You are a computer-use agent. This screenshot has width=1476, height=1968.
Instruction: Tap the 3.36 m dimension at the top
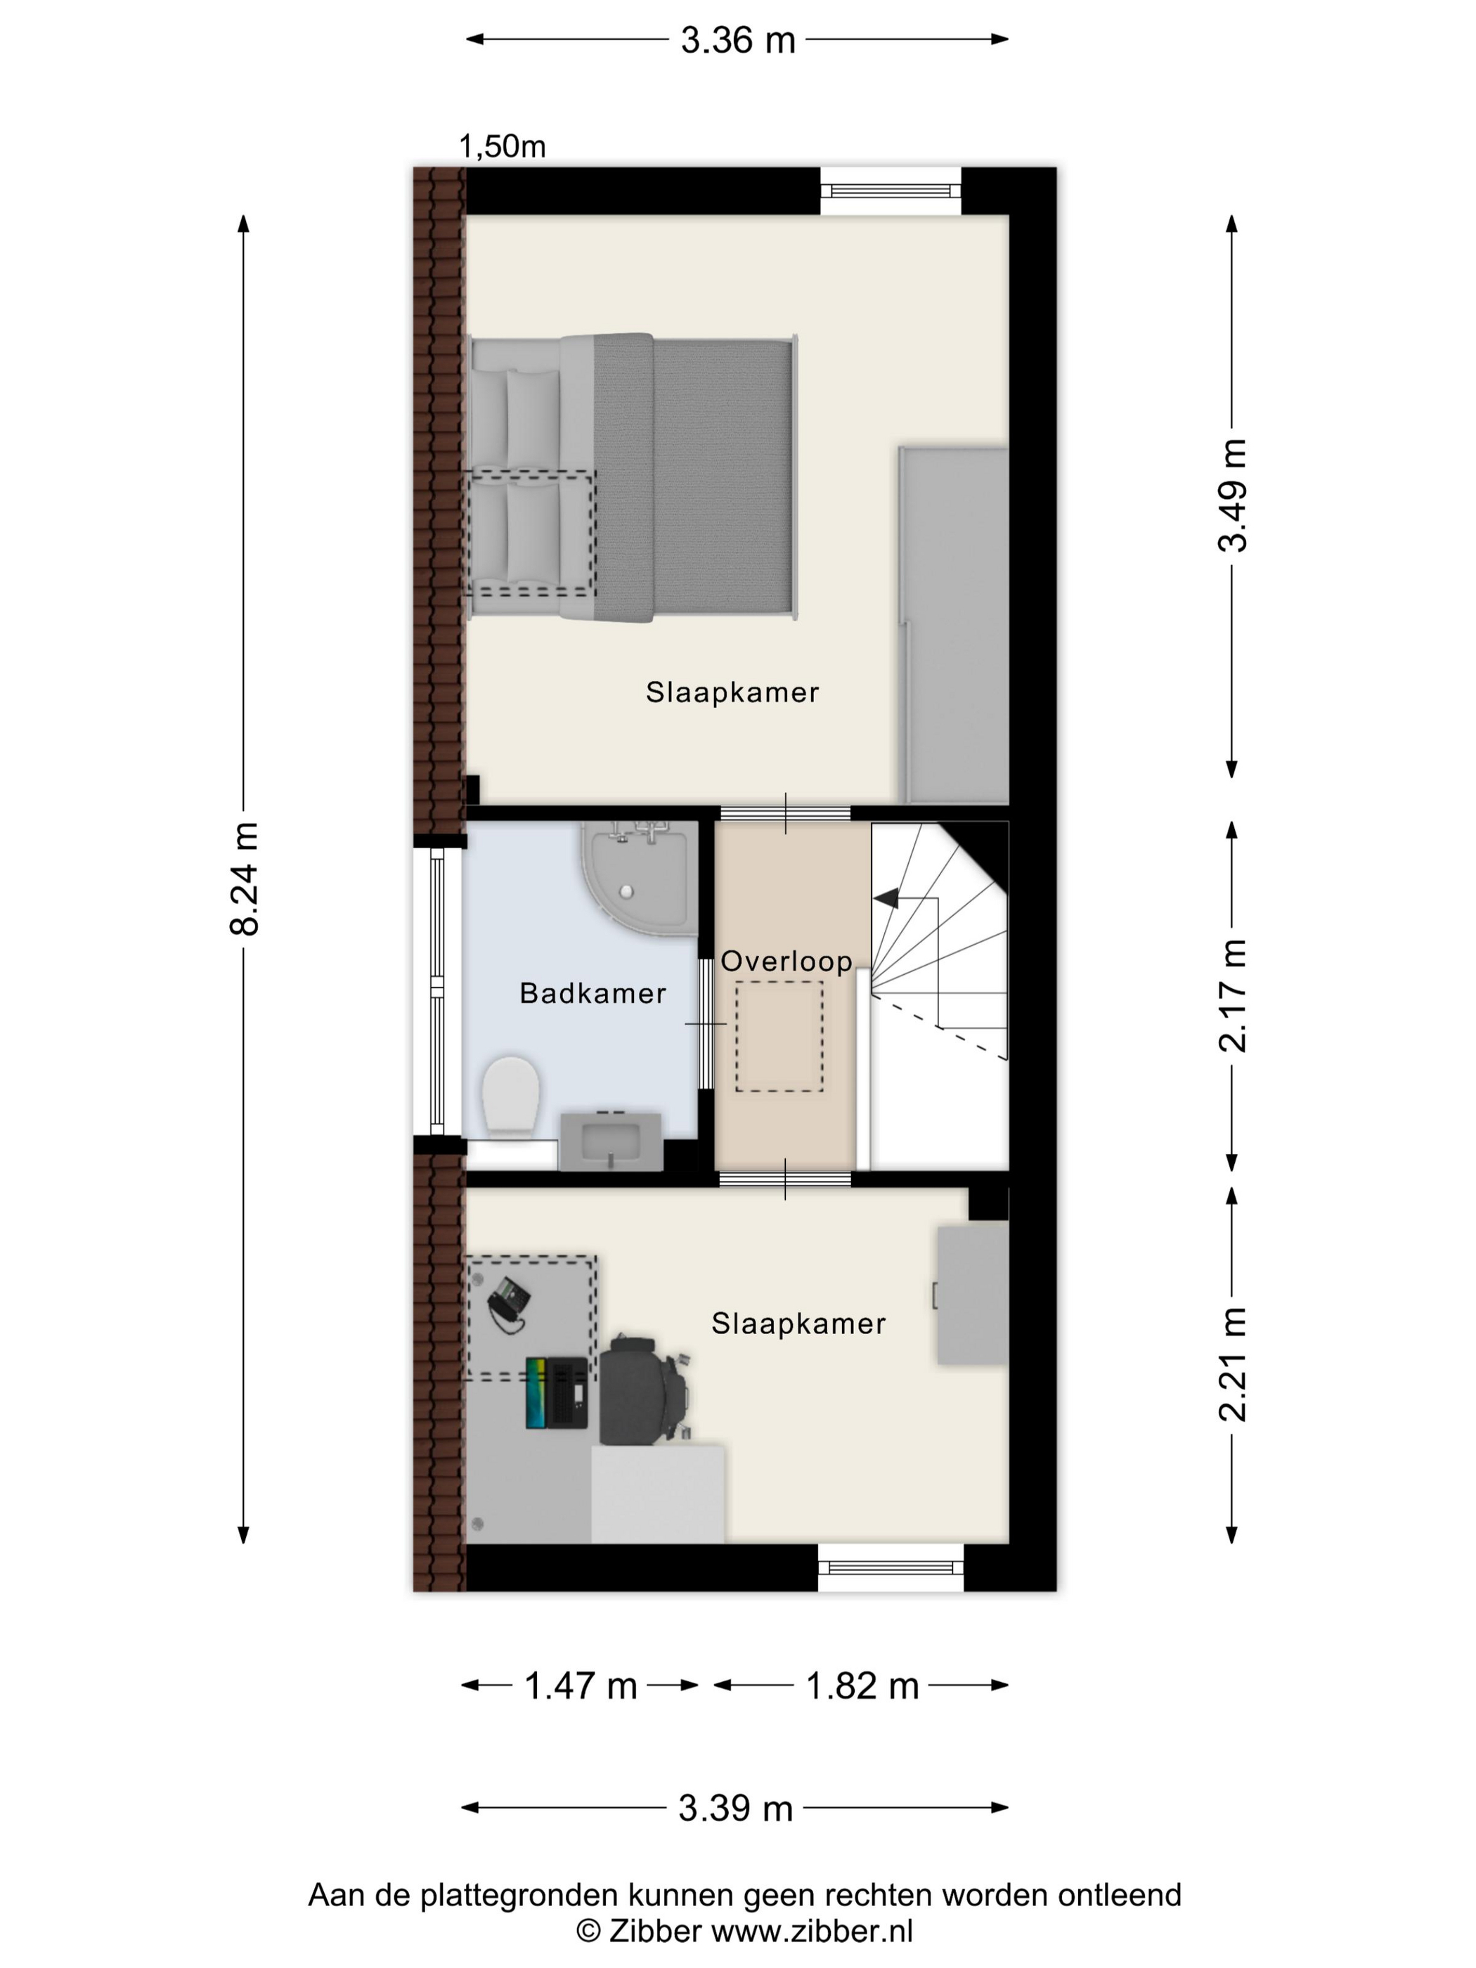(737, 40)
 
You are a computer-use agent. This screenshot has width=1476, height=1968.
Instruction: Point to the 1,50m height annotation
(503, 146)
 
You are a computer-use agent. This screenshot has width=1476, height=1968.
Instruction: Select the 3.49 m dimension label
(1232, 496)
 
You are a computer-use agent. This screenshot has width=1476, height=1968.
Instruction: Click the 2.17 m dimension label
(1232, 995)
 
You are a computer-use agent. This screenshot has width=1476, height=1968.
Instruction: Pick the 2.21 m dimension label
(1232, 1364)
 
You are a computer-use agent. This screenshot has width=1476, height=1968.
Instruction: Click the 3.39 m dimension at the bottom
(736, 1808)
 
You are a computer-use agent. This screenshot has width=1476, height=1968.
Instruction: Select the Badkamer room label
(593, 993)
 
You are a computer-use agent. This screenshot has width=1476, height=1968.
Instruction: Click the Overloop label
(786, 961)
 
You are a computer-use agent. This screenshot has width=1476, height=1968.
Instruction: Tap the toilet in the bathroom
(511, 1095)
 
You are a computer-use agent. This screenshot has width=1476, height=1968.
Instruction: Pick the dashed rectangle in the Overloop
(779, 1037)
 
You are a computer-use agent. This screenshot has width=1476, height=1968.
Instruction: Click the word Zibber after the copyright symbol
(656, 1931)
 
